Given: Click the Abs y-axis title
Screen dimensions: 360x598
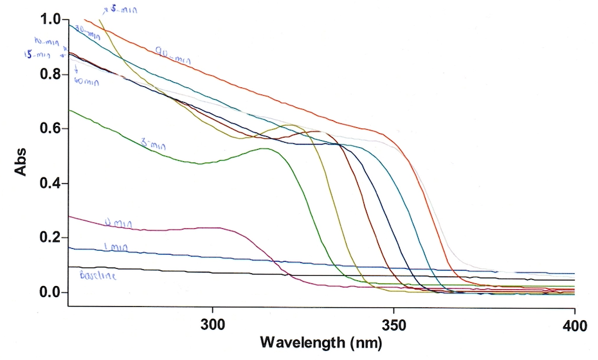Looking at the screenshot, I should pyautogui.click(x=21, y=160).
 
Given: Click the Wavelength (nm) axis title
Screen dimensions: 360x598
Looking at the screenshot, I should pyautogui.click(x=320, y=343).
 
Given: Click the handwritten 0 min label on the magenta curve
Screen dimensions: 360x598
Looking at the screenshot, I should pyautogui.click(x=118, y=223).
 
